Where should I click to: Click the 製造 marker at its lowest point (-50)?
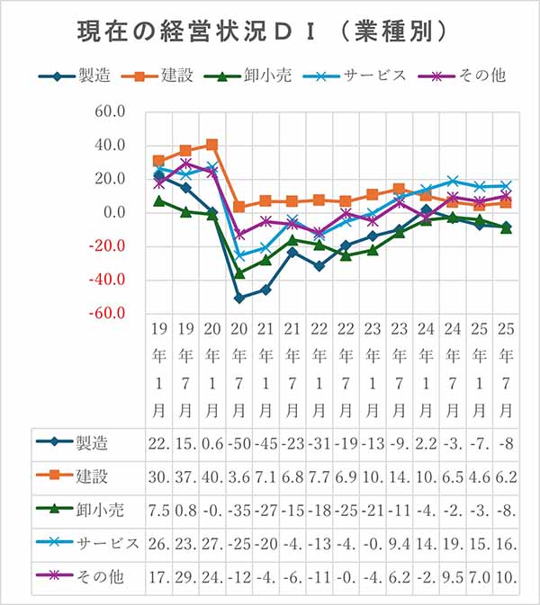(239, 298)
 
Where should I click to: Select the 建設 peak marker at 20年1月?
(212, 144)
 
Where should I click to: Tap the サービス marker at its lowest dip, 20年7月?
(239, 255)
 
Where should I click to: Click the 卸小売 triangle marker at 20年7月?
(239, 272)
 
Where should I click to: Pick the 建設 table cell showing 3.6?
(238, 476)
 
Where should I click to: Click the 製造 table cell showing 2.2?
(426, 442)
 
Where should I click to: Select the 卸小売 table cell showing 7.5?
(158, 510)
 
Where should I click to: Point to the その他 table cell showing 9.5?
(452, 576)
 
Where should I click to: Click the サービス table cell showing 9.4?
(399, 543)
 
